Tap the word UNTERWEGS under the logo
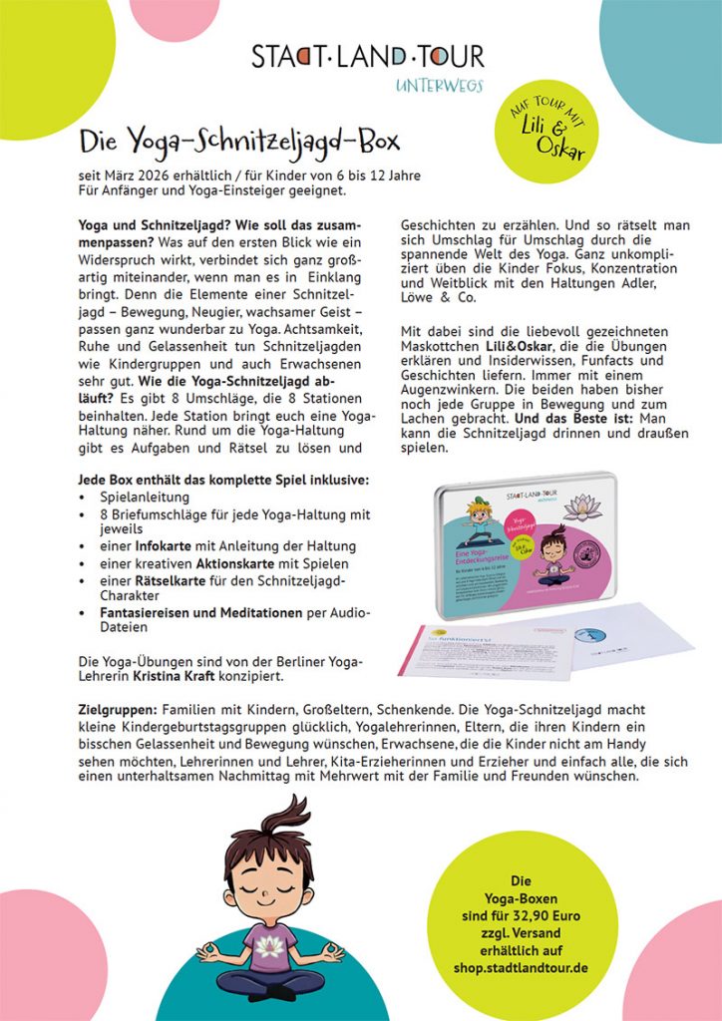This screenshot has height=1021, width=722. (x=439, y=86)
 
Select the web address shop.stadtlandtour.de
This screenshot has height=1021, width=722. (x=520, y=968)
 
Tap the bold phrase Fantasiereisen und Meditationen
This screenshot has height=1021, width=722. (x=185, y=611)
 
